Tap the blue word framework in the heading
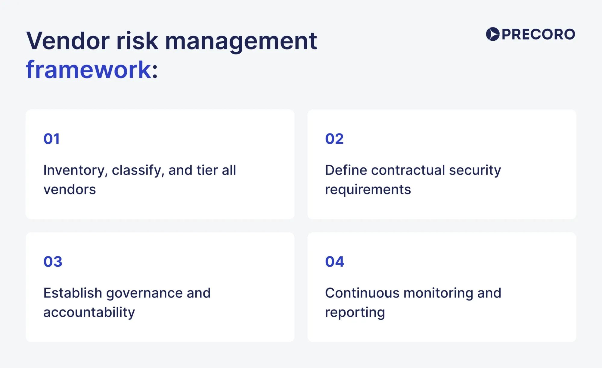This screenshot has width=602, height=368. pos(88,70)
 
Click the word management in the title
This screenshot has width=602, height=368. pos(241,41)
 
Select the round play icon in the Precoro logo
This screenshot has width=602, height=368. pos(492,34)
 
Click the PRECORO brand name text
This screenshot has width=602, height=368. pos(538,34)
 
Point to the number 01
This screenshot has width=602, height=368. pos(51,139)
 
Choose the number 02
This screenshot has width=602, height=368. pos(334,139)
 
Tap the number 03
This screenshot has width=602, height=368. pos(53,262)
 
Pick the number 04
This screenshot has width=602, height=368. pos(334,262)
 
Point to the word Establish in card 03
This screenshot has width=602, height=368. pos(73,293)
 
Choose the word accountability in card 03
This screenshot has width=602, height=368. pos(89,313)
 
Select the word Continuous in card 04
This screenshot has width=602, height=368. pos(362,293)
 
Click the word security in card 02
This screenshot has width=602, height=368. pos(475,171)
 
